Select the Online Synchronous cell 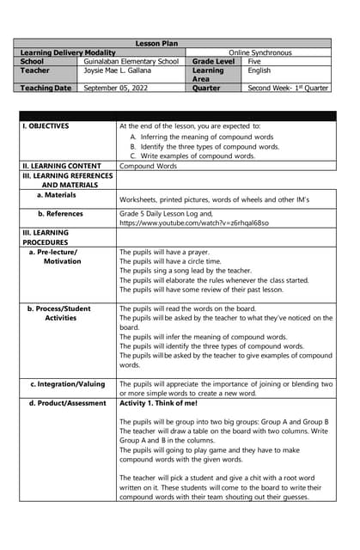pyautogui.click(x=259, y=52)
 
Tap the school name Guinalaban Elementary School pyautogui.click(x=131, y=62)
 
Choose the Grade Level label pyautogui.click(x=214, y=62)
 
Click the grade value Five pyautogui.click(x=254, y=62)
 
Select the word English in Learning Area pyautogui.click(x=259, y=70)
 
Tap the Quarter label pyautogui.click(x=206, y=88)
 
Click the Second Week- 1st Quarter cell pyautogui.click(x=288, y=88)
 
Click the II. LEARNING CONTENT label pyautogui.click(x=61, y=166)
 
